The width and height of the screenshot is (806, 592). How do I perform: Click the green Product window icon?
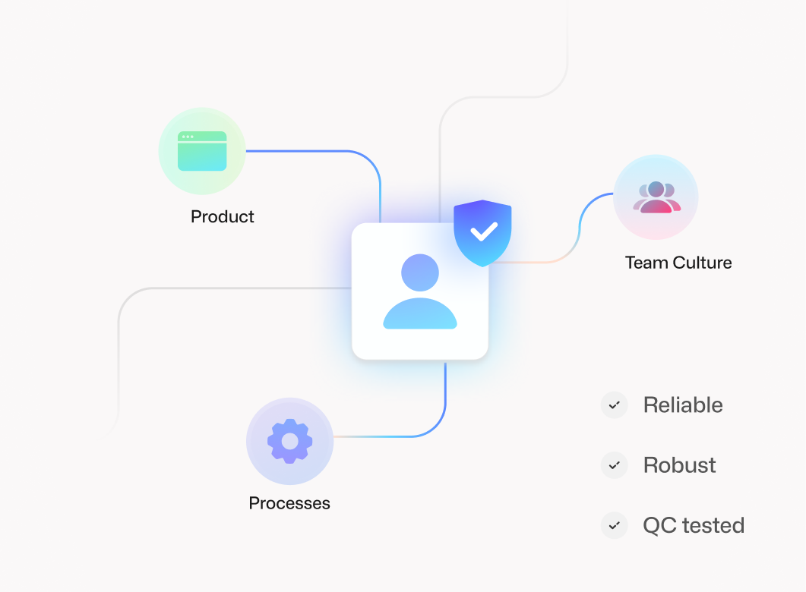click(x=202, y=151)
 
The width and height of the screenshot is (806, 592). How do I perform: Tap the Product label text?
click(x=223, y=217)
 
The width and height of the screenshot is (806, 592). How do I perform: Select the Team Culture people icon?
click(x=656, y=197)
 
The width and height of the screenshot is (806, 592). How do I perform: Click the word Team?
click(x=646, y=263)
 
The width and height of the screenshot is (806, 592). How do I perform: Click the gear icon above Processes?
click(x=289, y=441)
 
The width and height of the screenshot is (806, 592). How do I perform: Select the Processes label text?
click(x=289, y=503)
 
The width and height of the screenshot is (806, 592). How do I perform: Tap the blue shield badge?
click(x=482, y=232)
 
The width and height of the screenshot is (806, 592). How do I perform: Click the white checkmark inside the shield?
click(x=483, y=230)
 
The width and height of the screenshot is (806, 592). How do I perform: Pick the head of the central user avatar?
click(x=420, y=272)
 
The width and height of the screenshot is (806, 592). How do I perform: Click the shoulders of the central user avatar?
click(x=420, y=314)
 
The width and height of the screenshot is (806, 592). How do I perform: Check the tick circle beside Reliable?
click(x=614, y=405)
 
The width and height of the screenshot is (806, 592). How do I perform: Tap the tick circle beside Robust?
click(x=614, y=465)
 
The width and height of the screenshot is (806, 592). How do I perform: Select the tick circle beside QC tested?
click(x=614, y=525)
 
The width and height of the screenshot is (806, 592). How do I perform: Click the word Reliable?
click(x=683, y=405)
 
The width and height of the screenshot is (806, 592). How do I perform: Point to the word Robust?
click(x=679, y=465)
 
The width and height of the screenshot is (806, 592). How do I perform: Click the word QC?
click(x=659, y=525)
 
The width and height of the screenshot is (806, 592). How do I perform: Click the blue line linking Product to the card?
click(x=319, y=151)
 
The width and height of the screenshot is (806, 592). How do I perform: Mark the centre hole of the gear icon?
click(x=289, y=441)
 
